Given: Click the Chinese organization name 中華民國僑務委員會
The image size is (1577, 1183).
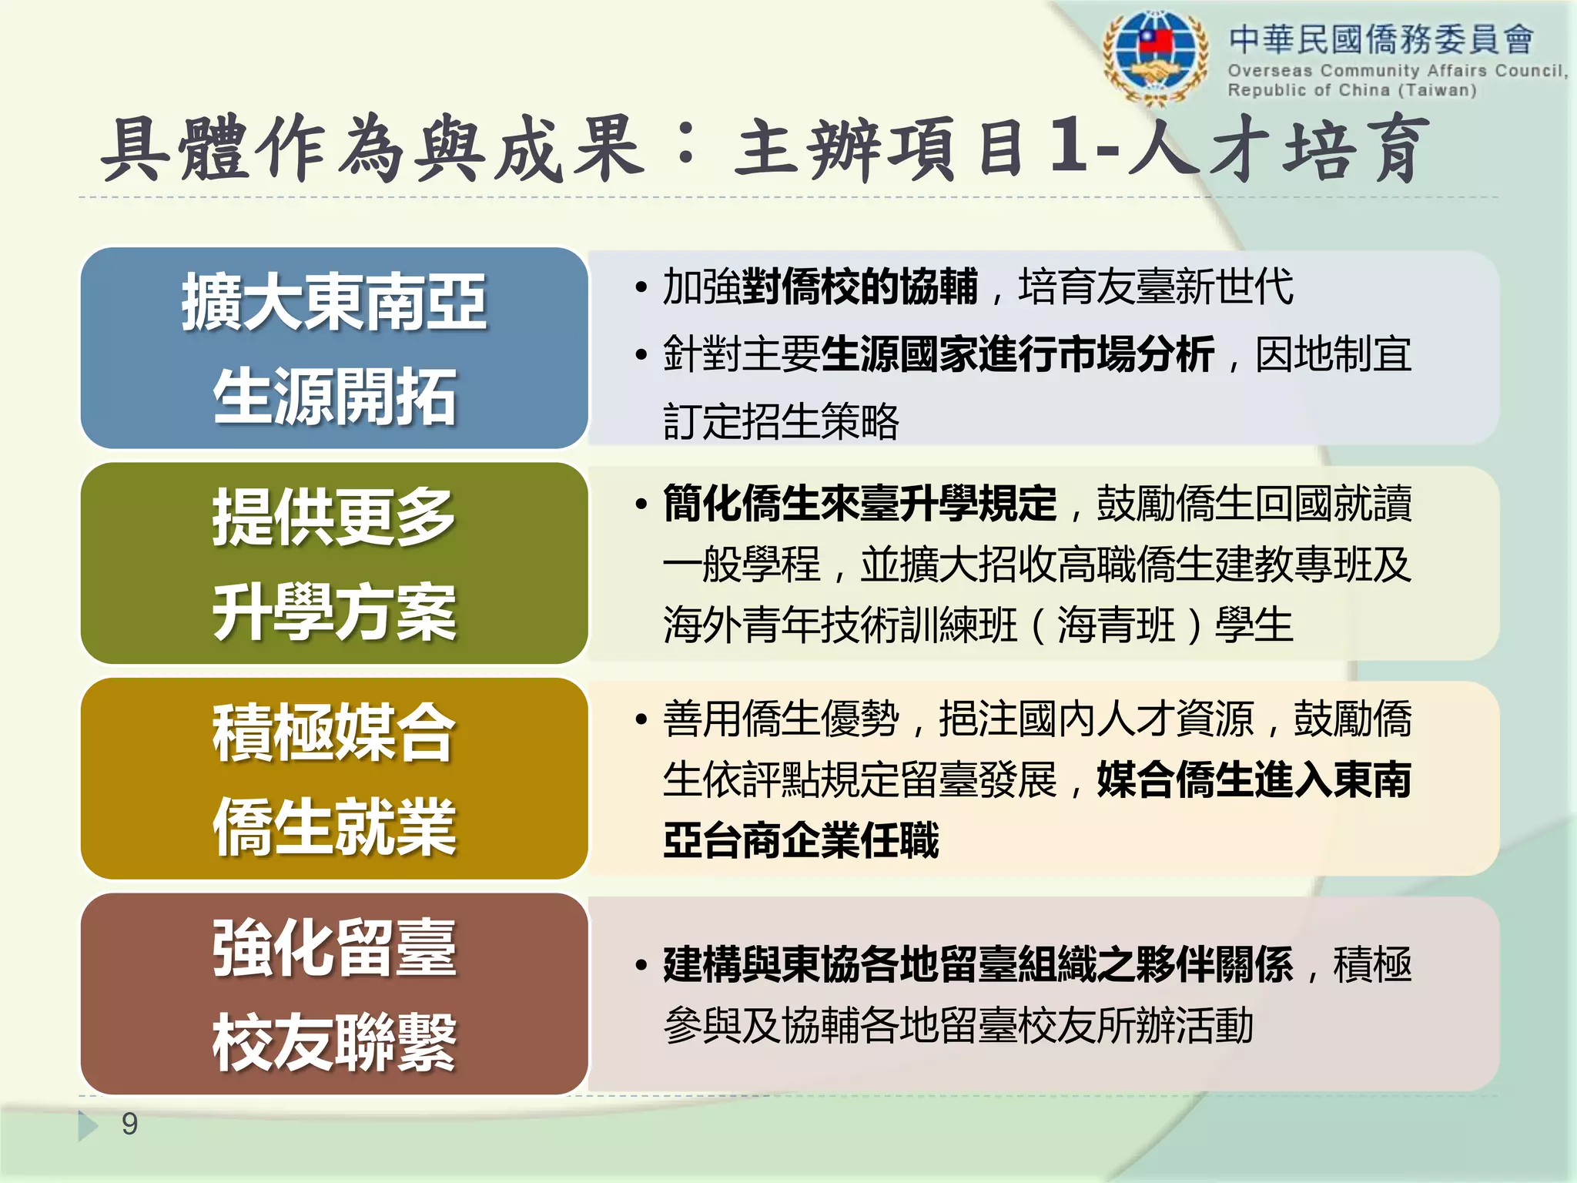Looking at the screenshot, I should (x=1381, y=39).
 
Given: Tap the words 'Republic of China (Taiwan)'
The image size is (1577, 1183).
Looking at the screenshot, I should (x=1351, y=90).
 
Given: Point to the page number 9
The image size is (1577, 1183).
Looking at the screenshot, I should (x=129, y=1124).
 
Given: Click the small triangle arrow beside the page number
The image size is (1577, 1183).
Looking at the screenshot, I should (x=87, y=1125).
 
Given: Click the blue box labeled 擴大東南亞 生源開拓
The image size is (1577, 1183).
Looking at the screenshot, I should (x=334, y=348).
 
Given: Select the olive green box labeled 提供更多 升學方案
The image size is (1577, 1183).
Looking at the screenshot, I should (x=334, y=563).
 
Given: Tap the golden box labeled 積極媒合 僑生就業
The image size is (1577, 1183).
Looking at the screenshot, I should (x=334, y=779).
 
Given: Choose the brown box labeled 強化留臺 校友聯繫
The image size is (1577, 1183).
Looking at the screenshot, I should (x=334, y=994).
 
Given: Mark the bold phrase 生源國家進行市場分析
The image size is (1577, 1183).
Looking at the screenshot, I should (x=1018, y=355).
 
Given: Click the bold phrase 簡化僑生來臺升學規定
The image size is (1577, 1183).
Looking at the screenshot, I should (x=860, y=504).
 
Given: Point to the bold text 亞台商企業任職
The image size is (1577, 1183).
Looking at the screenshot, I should (x=801, y=839).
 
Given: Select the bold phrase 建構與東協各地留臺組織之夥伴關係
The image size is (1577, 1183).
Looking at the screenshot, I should (x=978, y=964).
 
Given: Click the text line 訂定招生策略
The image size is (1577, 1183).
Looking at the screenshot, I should (x=781, y=421).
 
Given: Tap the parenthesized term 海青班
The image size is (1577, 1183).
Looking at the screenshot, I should (x=1116, y=625).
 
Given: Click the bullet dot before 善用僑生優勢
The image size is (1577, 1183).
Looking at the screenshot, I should (x=641, y=720).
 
